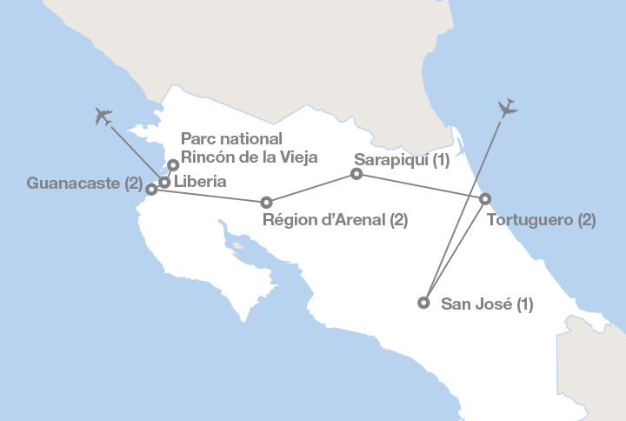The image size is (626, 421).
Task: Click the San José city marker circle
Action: tap(423, 303)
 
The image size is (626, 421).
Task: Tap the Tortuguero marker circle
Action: tap(485, 199)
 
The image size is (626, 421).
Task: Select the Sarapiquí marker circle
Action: tap(356, 174)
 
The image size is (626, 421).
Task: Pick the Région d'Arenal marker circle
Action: tap(267, 202)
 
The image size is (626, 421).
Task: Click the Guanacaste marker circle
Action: tap(151, 189)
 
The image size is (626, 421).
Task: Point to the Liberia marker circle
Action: tap(163, 182)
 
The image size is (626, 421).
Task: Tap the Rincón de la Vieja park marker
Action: tap(173, 164)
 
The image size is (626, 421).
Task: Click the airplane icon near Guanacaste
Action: tap(103, 115)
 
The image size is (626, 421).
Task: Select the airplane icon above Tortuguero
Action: tap(508, 109)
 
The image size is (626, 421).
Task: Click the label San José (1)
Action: tap(487, 304)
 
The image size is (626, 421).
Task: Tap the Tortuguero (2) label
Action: tap(541, 220)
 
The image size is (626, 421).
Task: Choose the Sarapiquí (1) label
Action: tap(402, 160)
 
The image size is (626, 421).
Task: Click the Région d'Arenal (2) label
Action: tap(335, 220)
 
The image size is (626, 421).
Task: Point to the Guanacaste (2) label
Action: tap(83, 184)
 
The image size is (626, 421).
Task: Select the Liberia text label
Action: tap(200, 183)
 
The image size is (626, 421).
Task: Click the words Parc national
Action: tap(231, 139)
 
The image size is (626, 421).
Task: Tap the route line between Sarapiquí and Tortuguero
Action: tap(421, 186)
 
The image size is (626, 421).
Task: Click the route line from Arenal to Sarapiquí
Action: tap(311, 188)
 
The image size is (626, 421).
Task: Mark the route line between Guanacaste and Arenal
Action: tap(209, 195)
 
